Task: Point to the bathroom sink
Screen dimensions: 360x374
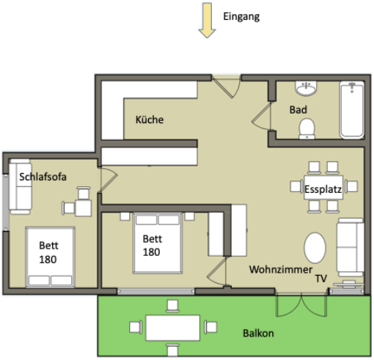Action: [x=306, y=89]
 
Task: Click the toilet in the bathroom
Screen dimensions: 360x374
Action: [x=307, y=128]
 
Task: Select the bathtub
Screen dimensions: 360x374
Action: [x=352, y=110]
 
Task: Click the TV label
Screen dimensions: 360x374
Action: [x=320, y=279]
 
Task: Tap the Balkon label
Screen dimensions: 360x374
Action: [x=258, y=333]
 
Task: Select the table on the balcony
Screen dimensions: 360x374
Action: [x=172, y=326]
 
